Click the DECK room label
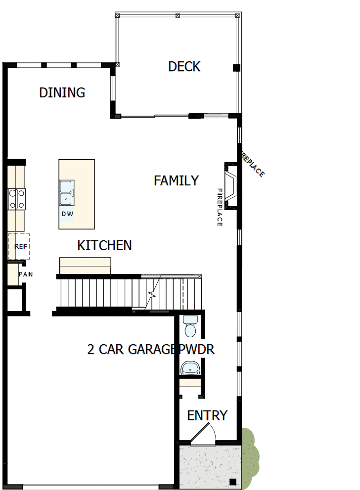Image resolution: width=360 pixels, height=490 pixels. click(x=184, y=67)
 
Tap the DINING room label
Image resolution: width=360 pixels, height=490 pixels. click(x=62, y=92)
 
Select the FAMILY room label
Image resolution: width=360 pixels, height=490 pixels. click(x=176, y=181)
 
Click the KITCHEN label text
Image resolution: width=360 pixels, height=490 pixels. click(x=104, y=245)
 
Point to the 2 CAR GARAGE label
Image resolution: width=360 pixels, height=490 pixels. click(x=131, y=350)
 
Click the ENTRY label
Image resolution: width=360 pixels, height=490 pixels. click(x=207, y=416)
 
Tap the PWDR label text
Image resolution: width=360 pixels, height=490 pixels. click(x=196, y=350)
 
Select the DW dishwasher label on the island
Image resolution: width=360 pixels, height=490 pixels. click(x=67, y=214)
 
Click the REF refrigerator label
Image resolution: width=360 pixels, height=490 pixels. click(x=20, y=246)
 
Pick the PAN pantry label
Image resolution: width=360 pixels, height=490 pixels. click(x=26, y=274)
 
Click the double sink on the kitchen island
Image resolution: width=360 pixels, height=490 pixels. click(x=66, y=192)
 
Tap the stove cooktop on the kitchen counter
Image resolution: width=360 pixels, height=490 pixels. click(x=16, y=199)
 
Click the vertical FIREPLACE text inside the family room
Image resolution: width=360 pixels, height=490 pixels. click(x=220, y=207)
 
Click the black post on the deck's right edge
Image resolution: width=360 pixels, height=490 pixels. click(x=236, y=68)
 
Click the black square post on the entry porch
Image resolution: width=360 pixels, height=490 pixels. click(x=232, y=482)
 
